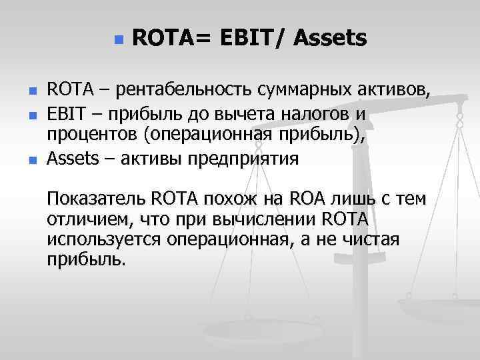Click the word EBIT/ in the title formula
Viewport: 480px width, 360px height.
click(249, 39)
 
